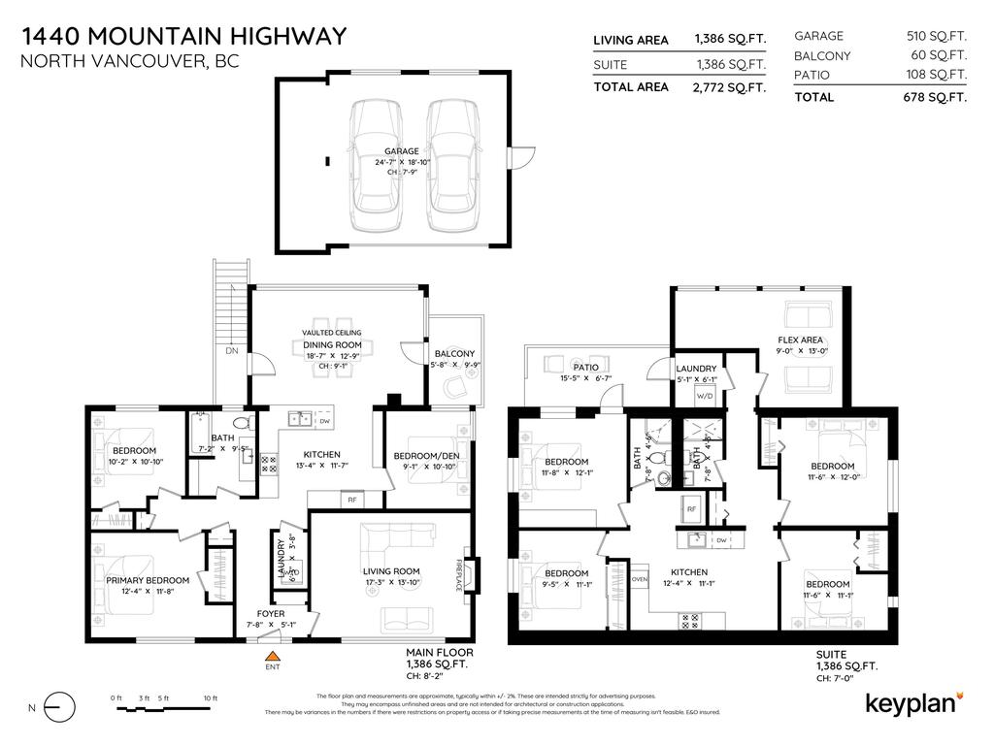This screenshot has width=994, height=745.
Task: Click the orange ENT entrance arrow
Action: tap(272, 657)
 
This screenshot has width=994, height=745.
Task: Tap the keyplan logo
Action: tap(913, 703)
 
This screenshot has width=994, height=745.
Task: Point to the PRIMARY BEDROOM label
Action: tap(148, 580)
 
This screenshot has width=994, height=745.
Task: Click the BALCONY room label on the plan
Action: tap(454, 353)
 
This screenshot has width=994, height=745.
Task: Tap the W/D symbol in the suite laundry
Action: tap(704, 396)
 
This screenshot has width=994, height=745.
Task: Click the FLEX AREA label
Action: tap(801, 340)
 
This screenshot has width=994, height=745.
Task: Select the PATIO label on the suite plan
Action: tap(585, 368)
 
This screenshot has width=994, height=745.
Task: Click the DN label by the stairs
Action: tap(232, 351)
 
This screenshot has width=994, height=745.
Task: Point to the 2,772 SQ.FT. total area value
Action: tap(730, 87)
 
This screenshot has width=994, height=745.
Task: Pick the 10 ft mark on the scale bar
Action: tap(210, 698)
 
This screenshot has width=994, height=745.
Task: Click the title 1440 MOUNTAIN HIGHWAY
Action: tap(183, 37)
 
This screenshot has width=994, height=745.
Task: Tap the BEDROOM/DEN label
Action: tap(425, 456)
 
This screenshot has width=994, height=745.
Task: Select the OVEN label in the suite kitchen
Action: tap(639, 579)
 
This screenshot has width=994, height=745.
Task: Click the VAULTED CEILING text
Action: tap(332, 333)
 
